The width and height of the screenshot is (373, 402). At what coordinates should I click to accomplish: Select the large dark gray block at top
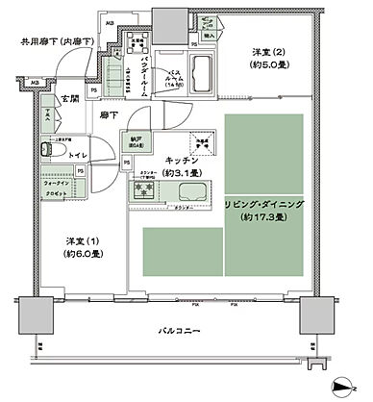[x=169, y=16]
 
